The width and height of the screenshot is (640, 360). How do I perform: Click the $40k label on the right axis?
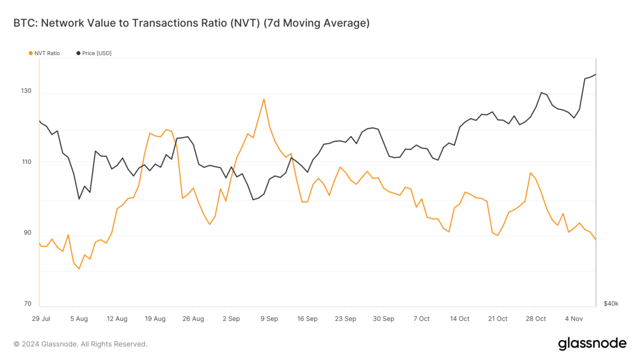611,304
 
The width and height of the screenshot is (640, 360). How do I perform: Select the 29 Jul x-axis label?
41,319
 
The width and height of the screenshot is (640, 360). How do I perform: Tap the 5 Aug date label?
79,319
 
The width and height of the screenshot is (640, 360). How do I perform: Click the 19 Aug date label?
155,319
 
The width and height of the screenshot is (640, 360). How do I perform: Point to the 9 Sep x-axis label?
269,319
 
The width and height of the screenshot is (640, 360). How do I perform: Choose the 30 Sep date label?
383,319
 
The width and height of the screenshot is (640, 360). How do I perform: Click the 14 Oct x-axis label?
460,319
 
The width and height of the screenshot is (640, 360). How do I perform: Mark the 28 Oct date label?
536,319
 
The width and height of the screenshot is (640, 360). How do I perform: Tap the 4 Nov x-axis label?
574,319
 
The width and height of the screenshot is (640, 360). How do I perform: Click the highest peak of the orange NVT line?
263,99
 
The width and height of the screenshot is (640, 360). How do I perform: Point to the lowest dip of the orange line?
79,269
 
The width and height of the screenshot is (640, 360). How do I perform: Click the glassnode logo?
592,344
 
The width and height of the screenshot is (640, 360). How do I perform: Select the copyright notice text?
80,344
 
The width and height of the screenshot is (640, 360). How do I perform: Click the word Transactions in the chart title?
174,23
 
